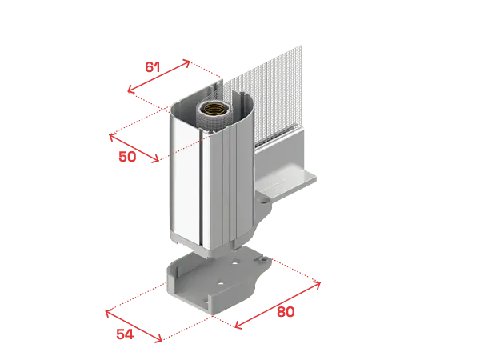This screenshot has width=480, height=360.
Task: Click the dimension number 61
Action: pos(153,67)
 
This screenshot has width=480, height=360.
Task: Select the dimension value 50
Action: pos(127,157)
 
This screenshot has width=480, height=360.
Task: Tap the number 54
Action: pos(125,334)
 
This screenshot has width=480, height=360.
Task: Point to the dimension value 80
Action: pos(286,312)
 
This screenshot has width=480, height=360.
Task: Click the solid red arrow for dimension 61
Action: pos(159,76)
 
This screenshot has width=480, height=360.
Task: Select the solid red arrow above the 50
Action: pos(134,148)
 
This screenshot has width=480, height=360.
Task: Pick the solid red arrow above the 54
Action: pos(134,326)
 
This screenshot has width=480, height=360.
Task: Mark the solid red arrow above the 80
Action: pos(278,306)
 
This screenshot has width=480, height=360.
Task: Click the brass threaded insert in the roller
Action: pos(214,108)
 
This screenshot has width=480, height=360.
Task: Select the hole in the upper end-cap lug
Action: pos(263,201)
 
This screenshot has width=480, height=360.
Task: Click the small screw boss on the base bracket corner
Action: pos(262,259)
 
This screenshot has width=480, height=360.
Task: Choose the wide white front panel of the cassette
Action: pos(186,178)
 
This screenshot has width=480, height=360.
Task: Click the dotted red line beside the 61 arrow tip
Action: pos(206,70)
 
